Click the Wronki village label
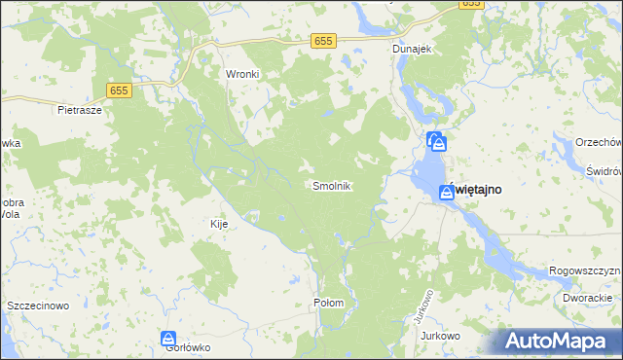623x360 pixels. tap(241, 73)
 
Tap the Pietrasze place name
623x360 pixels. tap(80, 110)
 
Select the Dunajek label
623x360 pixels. tap(412, 48)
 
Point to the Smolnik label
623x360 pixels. tap(331, 185)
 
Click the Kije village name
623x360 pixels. tap(219, 224)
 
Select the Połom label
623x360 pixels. tap(329, 303)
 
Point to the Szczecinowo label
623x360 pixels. tap(38, 306)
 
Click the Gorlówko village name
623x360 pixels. tap(188, 348)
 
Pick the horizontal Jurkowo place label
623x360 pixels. tap(440, 336)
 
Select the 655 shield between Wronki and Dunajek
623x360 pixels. tap(324, 40)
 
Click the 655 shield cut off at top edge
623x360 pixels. tap(471, 4)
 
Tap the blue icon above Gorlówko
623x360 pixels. tap(167, 339)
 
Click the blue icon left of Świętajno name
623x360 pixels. tap(444, 193)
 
